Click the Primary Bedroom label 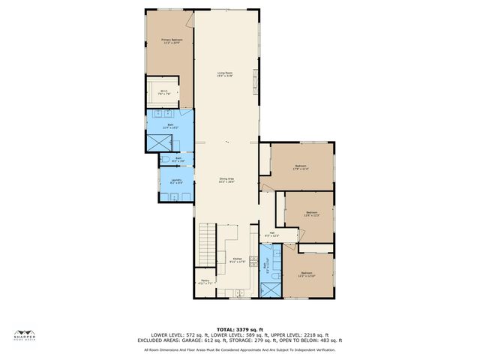(171, 40)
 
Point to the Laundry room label (176, 181)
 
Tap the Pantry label (205, 283)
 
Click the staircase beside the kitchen (206, 243)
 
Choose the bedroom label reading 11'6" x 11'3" (311, 214)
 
